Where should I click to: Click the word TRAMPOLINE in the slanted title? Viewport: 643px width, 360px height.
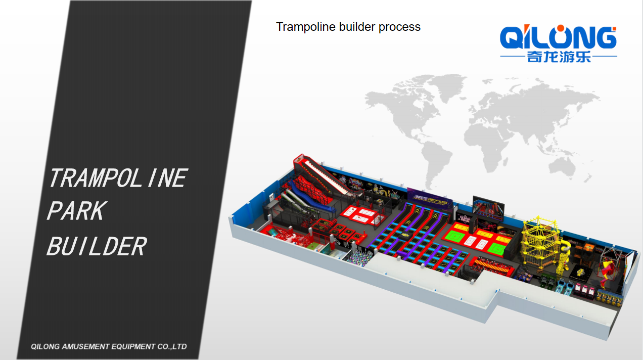(x=118, y=178)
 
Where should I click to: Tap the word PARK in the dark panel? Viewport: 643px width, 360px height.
(x=77, y=211)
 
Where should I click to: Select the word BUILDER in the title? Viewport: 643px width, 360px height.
(x=97, y=246)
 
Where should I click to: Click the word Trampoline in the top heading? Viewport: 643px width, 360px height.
(x=306, y=27)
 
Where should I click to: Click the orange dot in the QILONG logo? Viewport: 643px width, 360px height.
(x=560, y=28)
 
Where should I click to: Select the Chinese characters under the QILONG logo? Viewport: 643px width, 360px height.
(x=559, y=57)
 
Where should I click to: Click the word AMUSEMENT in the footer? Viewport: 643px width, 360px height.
(x=86, y=346)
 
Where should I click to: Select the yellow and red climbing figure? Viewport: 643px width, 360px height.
(x=607, y=272)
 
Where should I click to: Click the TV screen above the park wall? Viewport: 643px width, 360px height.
(x=488, y=208)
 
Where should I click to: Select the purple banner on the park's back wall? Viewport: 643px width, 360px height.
(x=430, y=197)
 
